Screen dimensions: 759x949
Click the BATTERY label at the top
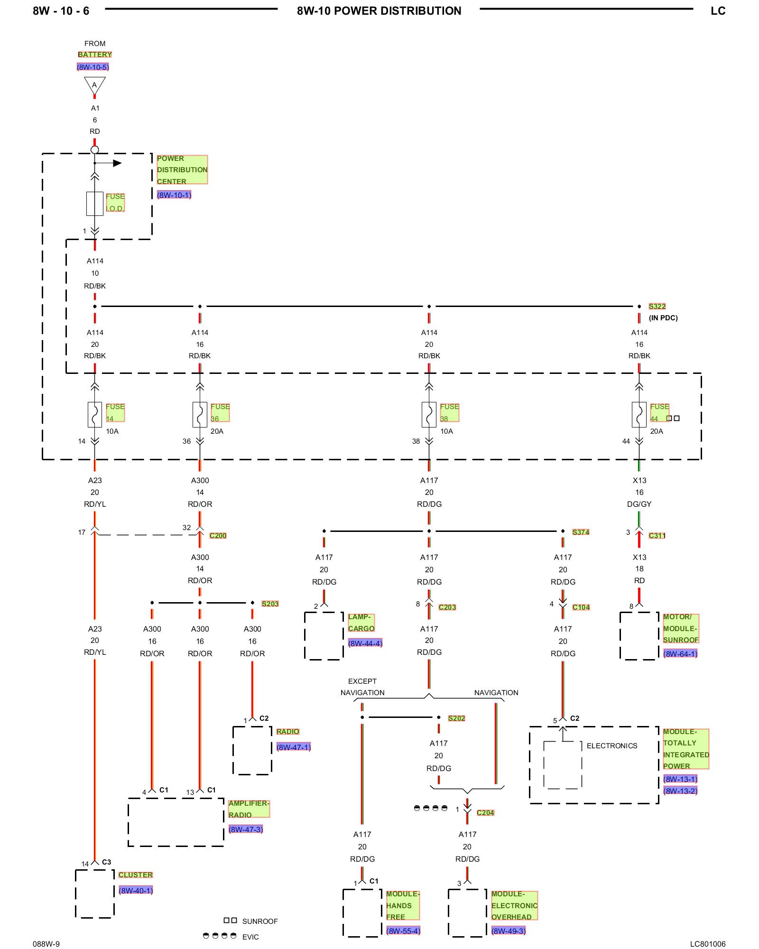click(95, 55)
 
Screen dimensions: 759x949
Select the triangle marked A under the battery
click(95, 86)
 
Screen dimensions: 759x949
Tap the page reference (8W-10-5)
click(93, 67)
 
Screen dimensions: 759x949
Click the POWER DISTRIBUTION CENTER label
click(182, 170)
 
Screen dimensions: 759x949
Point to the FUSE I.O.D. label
click(115, 203)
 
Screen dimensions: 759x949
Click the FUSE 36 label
click(220, 413)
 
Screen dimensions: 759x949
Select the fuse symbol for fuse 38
click(429, 415)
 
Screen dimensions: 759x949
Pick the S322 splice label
click(657, 307)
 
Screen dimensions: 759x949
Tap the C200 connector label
click(218, 536)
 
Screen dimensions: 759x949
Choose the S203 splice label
click(270, 604)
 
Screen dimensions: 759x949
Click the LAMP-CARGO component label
click(361, 623)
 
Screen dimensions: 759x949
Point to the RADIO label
click(288, 732)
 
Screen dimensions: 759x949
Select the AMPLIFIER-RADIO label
click(249, 809)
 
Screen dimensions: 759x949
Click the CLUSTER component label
click(136, 875)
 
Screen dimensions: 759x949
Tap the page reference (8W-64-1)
click(680, 654)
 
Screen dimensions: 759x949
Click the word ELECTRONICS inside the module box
click(612, 746)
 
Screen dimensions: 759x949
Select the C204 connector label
click(485, 813)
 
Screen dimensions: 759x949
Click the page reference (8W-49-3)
click(509, 931)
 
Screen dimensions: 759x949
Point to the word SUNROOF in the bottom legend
click(260, 921)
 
